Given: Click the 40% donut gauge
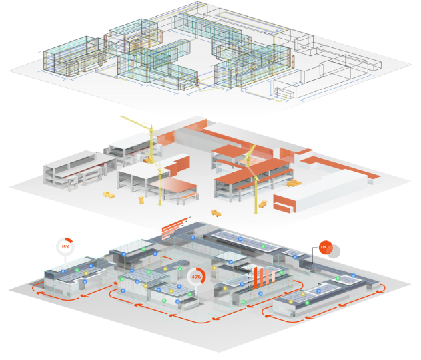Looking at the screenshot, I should [196, 276].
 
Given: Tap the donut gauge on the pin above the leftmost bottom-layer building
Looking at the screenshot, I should [65, 246].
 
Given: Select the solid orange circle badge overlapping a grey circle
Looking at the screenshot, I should [324, 248].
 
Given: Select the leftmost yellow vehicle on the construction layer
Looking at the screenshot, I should [109, 195].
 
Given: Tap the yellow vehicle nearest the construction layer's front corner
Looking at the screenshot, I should [216, 213].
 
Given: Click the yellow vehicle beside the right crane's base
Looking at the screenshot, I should [263, 204].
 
